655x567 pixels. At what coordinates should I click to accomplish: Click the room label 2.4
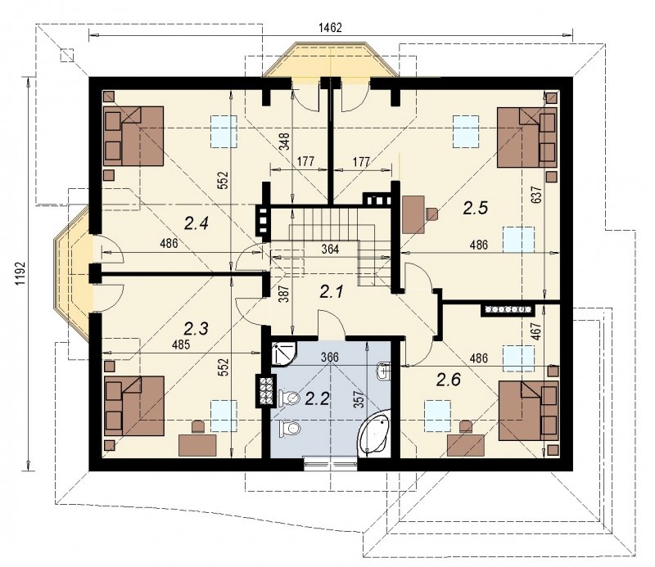(x=196, y=224)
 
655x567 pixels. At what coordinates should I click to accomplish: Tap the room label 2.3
(x=196, y=329)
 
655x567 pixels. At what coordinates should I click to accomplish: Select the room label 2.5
(x=476, y=208)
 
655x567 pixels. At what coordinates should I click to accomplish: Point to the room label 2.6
(x=449, y=380)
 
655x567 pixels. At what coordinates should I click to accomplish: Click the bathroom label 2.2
(x=318, y=398)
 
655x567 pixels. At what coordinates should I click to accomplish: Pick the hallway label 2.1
(x=332, y=291)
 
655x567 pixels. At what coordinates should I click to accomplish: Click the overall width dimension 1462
(x=330, y=28)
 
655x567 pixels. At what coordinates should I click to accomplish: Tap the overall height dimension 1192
(x=20, y=274)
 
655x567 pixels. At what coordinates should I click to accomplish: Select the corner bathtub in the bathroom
(x=374, y=432)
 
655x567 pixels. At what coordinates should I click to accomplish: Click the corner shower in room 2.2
(x=283, y=353)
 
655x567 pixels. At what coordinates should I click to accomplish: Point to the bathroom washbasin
(x=383, y=371)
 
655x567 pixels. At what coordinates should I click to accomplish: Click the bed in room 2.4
(x=133, y=136)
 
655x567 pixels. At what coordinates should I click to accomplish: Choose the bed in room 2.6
(x=528, y=411)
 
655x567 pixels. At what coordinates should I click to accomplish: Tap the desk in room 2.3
(x=197, y=445)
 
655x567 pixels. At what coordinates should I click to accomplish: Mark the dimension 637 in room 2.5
(x=537, y=195)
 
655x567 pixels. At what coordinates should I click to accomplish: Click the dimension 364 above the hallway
(x=330, y=250)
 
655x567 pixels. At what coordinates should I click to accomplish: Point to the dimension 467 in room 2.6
(x=537, y=331)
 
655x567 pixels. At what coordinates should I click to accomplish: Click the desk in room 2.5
(x=413, y=214)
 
